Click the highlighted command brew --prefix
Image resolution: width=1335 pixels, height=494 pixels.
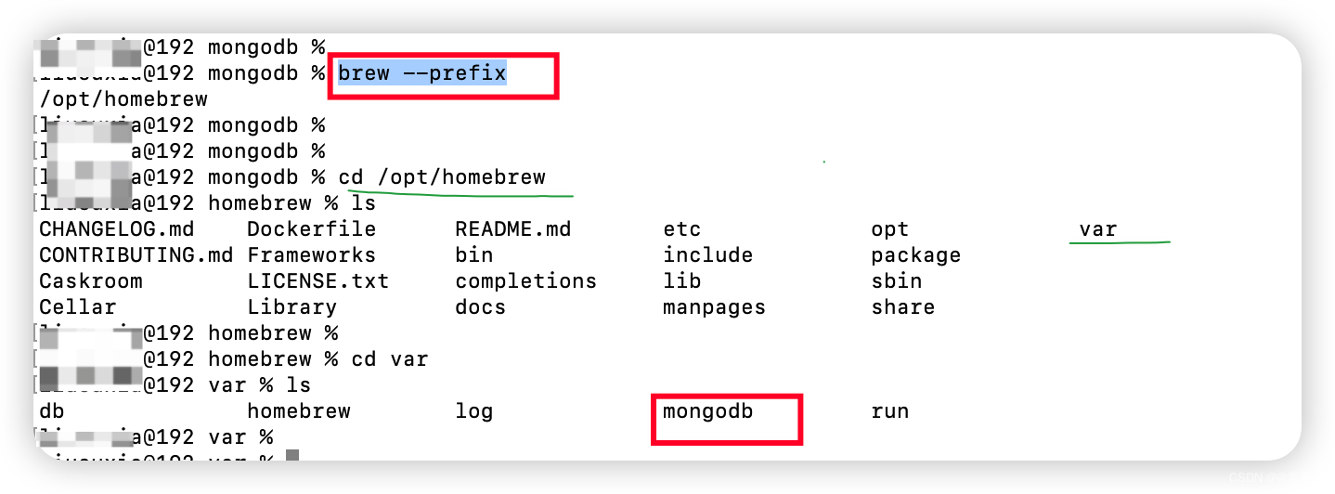tap(421, 73)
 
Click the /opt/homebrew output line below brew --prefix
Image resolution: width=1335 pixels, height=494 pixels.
tap(123, 99)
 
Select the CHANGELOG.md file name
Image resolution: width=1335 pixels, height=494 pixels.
tap(116, 229)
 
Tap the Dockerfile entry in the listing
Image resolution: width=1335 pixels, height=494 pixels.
tap(311, 229)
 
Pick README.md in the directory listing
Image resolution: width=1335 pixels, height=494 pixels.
tap(512, 229)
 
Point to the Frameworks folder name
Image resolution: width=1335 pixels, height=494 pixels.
tap(311, 255)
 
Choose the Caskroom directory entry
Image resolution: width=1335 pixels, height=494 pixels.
tap(91, 281)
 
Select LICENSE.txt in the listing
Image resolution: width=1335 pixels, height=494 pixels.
tap(318, 281)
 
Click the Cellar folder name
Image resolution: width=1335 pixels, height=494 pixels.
tap(78, 307)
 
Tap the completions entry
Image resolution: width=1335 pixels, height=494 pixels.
tap(525, 281)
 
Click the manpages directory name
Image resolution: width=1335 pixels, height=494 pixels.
tap(714, 307)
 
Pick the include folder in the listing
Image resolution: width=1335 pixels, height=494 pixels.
tap(707, 255)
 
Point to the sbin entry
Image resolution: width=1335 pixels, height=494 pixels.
tap(896, 281)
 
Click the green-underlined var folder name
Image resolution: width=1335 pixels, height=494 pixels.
tap(1097, 229)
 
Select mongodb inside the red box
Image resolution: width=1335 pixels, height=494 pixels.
tap(707, 411)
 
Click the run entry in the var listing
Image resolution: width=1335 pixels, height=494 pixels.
tap(889, 411)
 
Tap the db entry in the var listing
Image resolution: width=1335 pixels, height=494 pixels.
tap(52, 411)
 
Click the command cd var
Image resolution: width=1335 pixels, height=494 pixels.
tap(389, 359)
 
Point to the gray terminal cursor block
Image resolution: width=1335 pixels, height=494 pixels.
tap(292, 456)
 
